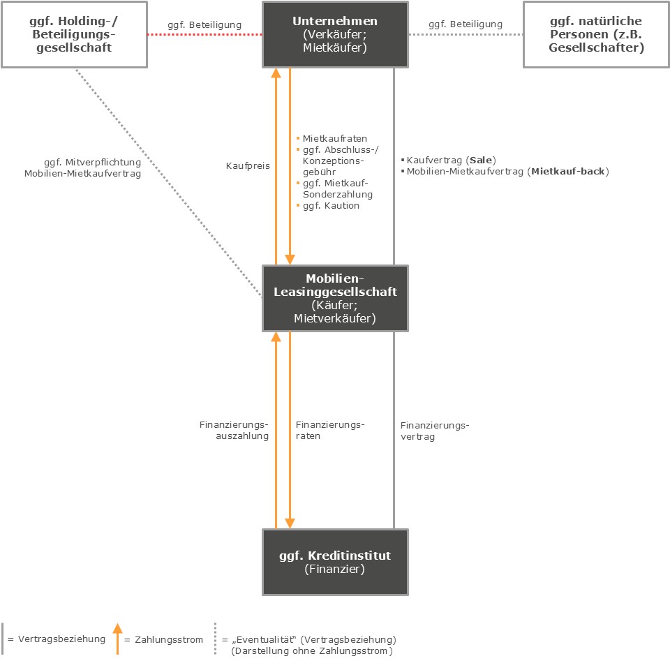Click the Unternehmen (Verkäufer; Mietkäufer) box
(335, 34)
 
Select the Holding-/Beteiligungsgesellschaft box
(74, 34)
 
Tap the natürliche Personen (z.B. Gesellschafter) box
(596, 34)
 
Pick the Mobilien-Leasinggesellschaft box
(335, 298)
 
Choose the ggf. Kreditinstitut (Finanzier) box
(335, 562)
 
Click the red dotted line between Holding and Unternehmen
(204, 34)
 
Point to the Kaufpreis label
(248, 166)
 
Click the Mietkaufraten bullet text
(334, 138)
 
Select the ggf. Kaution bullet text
(331, 205)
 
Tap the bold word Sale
(481, 161)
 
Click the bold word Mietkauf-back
(568, 172)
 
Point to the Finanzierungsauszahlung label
(234, 431)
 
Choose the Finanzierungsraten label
(330, 431)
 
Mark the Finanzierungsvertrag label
(435, 431)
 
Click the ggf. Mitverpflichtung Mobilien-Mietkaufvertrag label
(82, 168)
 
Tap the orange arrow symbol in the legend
(117, 639)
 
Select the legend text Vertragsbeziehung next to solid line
(61, 639)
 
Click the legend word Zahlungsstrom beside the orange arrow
(169, 640)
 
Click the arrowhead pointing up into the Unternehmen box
(276, 73)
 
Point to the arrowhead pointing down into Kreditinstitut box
(290, 523)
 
